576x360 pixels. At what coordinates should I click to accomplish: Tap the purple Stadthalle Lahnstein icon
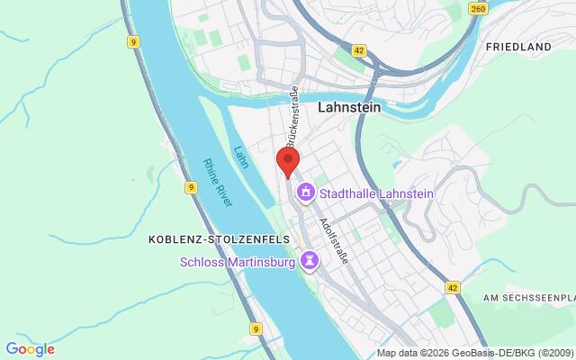[305, 191]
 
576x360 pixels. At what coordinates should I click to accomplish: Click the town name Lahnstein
[349, 106]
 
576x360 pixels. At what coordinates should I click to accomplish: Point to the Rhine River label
[218, 183]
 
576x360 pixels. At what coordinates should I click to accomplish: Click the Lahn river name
[240, 157]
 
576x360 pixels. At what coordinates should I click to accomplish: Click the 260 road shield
[478, 9]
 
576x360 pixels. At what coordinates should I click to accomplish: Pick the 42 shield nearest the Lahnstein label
[359, 52]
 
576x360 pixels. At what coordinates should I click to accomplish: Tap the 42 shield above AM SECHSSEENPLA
[453, 286]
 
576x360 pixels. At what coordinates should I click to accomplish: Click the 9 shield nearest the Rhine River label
[189, 187]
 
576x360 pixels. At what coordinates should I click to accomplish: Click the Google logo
[30, 349]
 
